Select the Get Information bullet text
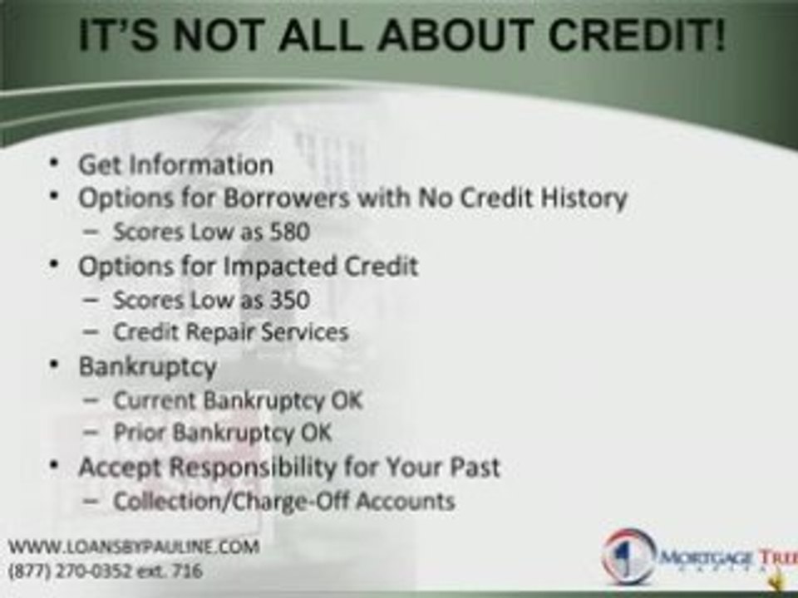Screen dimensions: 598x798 (x=175, y=164)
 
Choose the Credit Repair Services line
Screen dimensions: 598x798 (x=230, y=332)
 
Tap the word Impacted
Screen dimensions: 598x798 (x=273, y=267)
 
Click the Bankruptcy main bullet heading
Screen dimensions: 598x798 (x=147, y=366)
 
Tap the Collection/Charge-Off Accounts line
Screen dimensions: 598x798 (x=283, y=501)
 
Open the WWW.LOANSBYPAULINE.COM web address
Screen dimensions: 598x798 (x=133, y=547)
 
